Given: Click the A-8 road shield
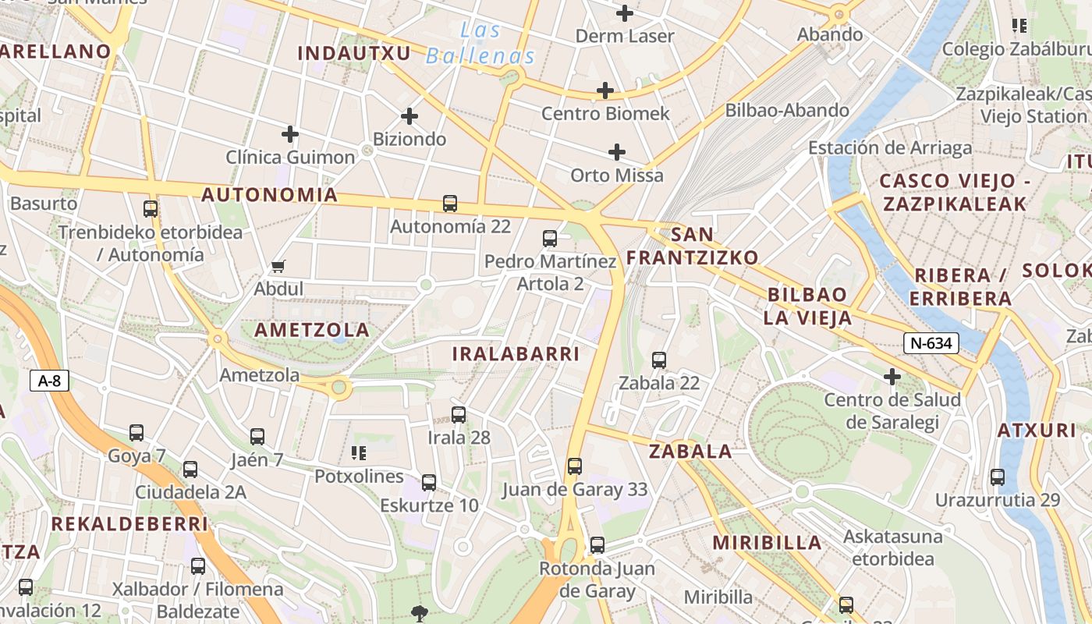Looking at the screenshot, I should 49,381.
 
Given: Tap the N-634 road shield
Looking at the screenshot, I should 931,342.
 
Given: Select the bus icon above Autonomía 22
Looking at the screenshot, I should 450,204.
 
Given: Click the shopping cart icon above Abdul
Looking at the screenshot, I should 278,267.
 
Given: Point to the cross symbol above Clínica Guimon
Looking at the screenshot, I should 290,134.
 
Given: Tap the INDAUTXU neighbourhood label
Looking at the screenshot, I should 354,53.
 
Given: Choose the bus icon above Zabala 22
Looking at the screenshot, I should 659,360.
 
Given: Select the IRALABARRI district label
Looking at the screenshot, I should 516,354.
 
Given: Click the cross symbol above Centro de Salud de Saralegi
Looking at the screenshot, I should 892,378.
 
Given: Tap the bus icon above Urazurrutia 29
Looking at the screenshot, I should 997,477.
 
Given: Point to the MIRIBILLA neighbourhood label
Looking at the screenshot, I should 767,543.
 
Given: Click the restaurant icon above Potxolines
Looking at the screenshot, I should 359,452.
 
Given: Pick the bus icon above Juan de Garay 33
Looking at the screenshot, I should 575,466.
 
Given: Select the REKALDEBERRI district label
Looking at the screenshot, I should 129,524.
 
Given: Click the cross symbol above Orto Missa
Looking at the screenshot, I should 617,151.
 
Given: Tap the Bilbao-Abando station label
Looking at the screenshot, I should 787,110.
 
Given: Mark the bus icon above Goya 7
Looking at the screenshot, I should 136,432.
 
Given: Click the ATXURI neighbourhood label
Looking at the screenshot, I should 1037,431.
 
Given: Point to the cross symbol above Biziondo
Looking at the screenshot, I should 409,116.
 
